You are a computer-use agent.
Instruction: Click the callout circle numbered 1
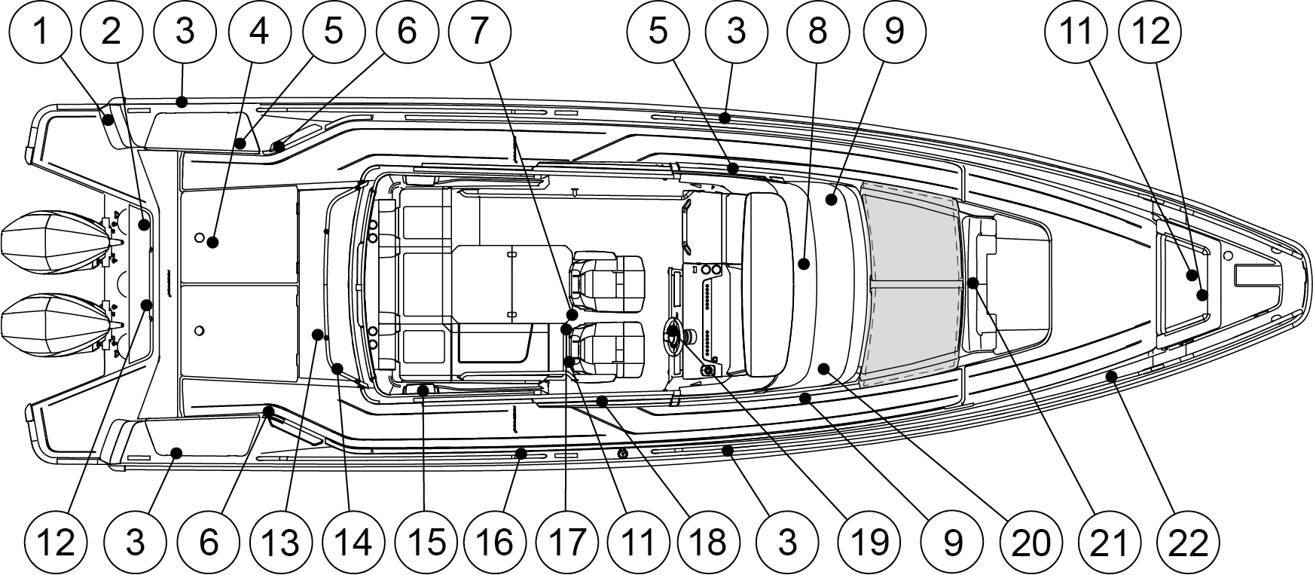coord(40,32)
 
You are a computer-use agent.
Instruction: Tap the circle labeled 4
coord(258,32)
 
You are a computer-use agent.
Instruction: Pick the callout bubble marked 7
coord(480,32)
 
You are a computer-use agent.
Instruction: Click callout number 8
coord(817,32)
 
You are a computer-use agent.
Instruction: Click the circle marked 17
coord(567,543)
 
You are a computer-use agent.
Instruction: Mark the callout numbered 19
coord(871,543)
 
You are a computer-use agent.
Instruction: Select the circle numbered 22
coord(1188,543)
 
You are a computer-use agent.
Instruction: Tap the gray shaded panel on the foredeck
coord(910,284)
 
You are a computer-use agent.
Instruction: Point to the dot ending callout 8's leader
coord(804,265)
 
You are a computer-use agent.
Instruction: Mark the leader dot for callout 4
coord(213,242)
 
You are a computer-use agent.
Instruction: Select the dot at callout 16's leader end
coord(520,453)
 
